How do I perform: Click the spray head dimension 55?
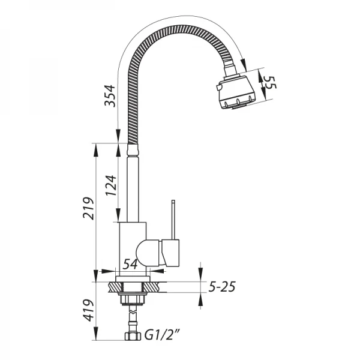click(270, 83)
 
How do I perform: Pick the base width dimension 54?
click(131, 265)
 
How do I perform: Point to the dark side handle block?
click(172, 253)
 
